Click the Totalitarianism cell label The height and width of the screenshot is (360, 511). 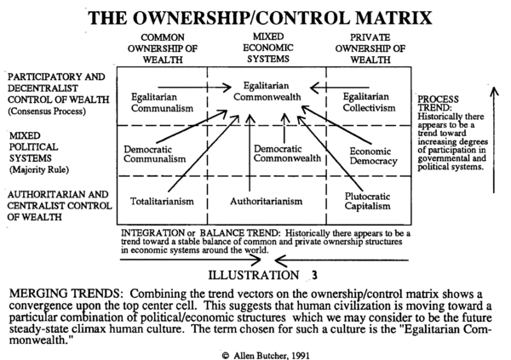(x=162, y=202)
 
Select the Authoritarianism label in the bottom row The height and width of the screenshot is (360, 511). (x=267, y=202)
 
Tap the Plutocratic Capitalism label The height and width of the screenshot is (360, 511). (x=367, y=202)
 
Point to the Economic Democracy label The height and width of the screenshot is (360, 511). (x=374, y=157)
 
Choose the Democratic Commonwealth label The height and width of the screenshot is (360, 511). (x=287, y=153)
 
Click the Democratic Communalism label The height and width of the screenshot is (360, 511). (x=155, y=154)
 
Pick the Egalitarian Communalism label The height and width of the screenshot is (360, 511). (x=163, y=103)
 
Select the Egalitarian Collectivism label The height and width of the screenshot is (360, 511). (x=369, y=102)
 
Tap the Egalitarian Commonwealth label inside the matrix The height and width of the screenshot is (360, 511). (x=267, y=91)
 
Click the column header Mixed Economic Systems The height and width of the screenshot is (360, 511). (x=268, y=48)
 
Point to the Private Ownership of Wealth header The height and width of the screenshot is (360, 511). (x=370, y=49)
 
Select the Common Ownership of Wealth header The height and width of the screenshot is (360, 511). (x=163, y=49)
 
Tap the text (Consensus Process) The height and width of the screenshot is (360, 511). (x=47, y=111)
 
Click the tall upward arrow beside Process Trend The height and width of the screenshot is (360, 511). (x=494, y=140)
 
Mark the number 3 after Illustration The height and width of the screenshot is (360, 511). (x=314, y=276)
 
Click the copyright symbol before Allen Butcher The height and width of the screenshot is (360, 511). (x=226, y=356)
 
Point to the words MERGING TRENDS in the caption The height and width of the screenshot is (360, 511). (x=65, y=294)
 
